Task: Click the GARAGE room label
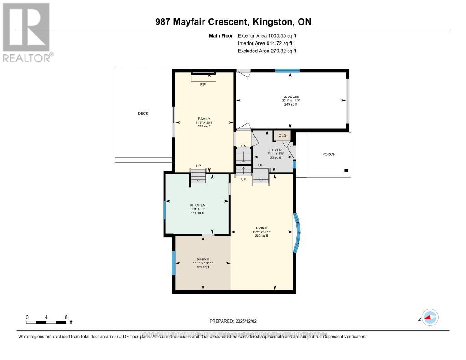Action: pos(291,96)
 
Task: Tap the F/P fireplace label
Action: pos(203,84)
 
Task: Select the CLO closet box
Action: pos(282,135)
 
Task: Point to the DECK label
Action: pos(143,113)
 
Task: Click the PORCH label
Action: pos(329,154)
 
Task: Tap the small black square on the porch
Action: pos(346,171)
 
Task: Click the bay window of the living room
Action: pos(297,233)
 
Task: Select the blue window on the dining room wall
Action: pos(173,263)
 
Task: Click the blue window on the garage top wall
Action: pos(288,71)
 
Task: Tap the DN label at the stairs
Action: pos(243,146)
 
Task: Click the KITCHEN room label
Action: pos(198,205)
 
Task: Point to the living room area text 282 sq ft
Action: pos(261,236)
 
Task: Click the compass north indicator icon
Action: pos(429,318)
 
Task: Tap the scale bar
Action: pos(46,322)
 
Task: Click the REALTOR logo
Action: pos(26,32)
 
